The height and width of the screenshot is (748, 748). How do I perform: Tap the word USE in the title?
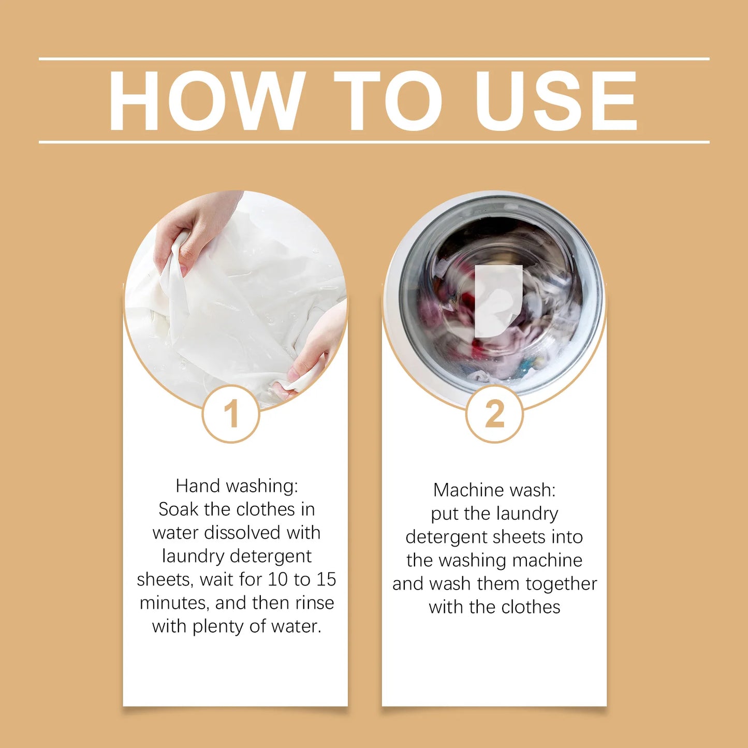(x=556, y=100)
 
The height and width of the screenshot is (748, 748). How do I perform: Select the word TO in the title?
(x=388, y=100)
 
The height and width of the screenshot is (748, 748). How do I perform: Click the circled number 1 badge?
(x=231, y=414)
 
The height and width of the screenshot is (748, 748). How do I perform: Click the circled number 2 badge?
(x=494, y=414)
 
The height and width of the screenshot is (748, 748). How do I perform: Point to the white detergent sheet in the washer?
(x=497, y=300)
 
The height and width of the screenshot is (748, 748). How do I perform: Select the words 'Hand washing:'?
(x=237, y=486)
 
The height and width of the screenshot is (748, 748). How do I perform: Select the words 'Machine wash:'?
(x=494, y=490)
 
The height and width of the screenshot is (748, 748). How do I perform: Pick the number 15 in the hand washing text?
(x=326, y=580)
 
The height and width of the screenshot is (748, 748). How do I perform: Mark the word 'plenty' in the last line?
(x=218, y=627)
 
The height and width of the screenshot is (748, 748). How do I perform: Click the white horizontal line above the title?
(x=374, y=59)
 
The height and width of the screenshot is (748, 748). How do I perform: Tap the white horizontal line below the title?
(x=374, y=142)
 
